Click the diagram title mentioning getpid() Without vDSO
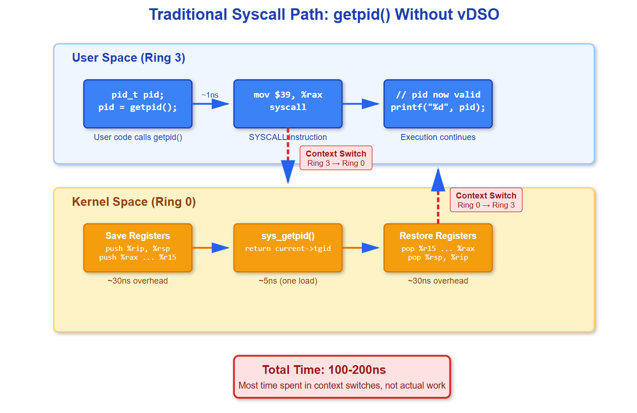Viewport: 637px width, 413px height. [324, 15]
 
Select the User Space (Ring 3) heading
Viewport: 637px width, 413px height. [129, 58]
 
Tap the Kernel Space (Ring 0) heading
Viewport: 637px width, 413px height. [134, 202]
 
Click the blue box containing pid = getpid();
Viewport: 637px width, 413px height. [138, 104]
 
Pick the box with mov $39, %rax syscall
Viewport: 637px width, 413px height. [288, 104]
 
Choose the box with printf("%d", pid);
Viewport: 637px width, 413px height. [438, 104]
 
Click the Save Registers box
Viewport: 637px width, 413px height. [138, 248]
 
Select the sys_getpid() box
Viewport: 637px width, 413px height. [288, 248]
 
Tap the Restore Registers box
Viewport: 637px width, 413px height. [438, 248]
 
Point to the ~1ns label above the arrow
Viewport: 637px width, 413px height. [210, 95]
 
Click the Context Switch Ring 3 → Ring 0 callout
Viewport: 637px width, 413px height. [336, 158]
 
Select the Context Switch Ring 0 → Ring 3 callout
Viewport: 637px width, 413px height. [486, 200]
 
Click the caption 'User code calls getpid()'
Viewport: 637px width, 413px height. [138, 137]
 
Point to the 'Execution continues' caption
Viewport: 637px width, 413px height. [438, 137]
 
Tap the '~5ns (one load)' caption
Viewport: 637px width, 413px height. [288, 281]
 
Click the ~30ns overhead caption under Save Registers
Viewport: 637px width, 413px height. [138, 281]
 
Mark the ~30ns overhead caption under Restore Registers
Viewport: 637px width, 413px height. [438, 281]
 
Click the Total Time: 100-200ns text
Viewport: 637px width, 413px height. [324, 370]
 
